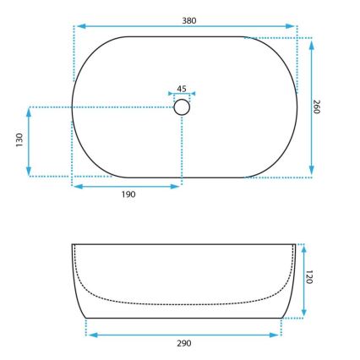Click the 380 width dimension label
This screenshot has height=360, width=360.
pos(188,19)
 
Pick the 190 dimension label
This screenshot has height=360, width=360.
pos(127,194)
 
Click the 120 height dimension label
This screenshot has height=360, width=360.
pos(309,276)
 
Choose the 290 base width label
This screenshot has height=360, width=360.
pos(183,343)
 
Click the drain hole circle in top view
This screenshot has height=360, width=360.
pos(182,107)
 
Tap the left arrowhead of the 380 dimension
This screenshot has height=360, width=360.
pos(78,27)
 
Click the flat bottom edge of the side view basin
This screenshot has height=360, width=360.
pos(183,318)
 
